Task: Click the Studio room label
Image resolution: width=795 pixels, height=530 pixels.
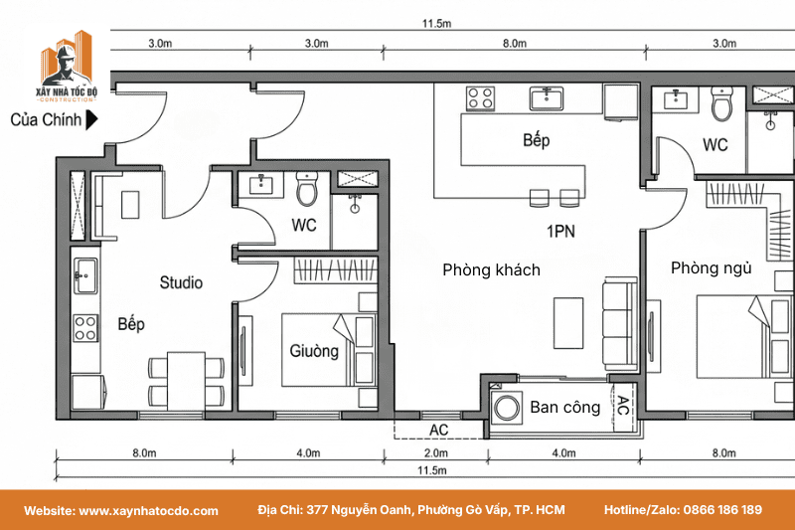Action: point(181,282)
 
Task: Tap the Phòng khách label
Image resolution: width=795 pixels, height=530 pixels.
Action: point(491,269)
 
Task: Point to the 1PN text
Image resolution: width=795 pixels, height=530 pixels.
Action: point(560,232)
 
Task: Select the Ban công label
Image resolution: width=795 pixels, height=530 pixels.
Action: point(564,407)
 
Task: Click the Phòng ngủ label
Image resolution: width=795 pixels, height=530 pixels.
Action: point(711,267)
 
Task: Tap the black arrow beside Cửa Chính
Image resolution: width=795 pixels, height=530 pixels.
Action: point(91,119)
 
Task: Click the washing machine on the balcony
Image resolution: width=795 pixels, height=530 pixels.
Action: point(507,409)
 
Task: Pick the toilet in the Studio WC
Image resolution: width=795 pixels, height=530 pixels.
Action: point(307,189)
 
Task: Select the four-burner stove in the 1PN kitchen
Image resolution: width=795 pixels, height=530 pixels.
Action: point(480,98)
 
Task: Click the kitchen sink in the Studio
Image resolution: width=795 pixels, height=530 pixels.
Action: point(85,275)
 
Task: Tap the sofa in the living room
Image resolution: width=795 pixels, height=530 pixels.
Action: point(619,324)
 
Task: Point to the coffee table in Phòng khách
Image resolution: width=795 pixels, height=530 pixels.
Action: point(567,323)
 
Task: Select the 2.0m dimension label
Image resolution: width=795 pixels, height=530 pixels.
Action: point(436,452)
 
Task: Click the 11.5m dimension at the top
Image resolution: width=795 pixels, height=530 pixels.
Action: point(436,23)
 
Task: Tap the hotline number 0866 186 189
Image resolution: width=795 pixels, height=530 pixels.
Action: point(722,510)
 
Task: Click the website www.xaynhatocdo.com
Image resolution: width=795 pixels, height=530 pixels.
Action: point(148,511)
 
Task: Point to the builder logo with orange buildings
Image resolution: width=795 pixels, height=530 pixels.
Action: point(67,66)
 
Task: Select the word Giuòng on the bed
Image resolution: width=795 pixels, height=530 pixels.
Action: point(314,351)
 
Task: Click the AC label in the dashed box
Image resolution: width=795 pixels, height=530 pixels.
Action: point(438,431)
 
